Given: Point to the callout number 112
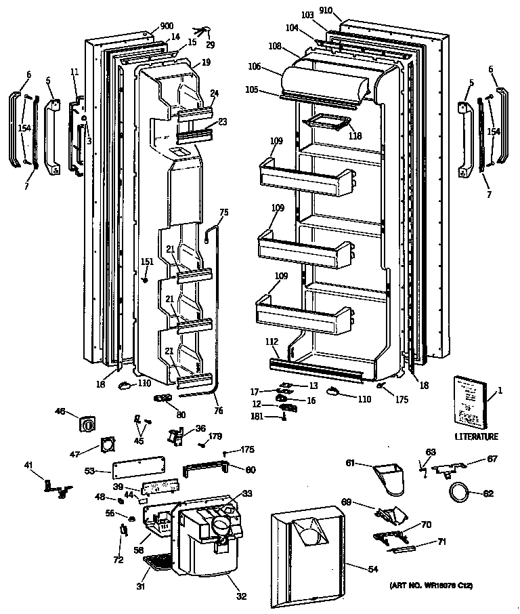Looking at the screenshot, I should (x=273, y=343).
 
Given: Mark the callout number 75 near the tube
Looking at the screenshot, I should (x=224, y=211).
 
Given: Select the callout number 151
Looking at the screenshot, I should (x=146, y=262).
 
